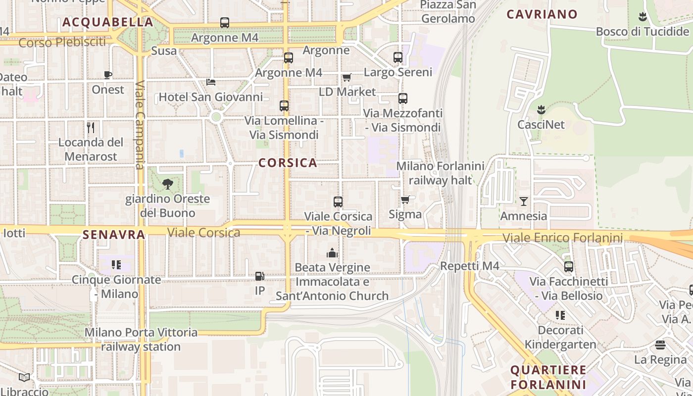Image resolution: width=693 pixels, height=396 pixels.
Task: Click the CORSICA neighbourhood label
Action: point(288,163)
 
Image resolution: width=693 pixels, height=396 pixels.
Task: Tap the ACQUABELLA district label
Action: point(108,22)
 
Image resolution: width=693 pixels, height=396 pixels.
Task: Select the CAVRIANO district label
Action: point(542,14)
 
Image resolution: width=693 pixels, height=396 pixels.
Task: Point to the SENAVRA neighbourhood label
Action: point(114,235)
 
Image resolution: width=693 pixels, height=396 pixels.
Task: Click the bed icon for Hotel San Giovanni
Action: point(211,82)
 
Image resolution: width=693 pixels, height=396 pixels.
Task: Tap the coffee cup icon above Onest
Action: point(108,75)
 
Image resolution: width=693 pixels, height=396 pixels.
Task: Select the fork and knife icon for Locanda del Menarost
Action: point(91,128)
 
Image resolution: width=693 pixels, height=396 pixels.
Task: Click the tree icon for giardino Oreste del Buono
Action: point(168,184)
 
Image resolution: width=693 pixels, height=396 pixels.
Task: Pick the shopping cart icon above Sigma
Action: point(405,199)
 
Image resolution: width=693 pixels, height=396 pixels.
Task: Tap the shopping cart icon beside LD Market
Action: point(346,77)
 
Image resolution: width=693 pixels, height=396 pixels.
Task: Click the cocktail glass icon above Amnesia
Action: point(524,201)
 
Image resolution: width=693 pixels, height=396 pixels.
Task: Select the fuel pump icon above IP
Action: point(259,276)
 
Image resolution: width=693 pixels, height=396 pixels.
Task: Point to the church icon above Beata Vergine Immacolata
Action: point(332,253)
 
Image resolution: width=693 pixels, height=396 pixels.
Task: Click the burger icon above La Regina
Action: point(660,345)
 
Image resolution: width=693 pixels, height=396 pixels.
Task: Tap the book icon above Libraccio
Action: point(24,378)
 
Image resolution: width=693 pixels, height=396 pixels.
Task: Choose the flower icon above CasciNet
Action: point(541,109)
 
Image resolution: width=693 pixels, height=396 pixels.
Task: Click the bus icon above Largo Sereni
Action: point(398,57)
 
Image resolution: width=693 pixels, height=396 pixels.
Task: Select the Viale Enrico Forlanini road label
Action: point(562,238)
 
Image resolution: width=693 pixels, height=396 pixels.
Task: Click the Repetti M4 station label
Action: point(470,266)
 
